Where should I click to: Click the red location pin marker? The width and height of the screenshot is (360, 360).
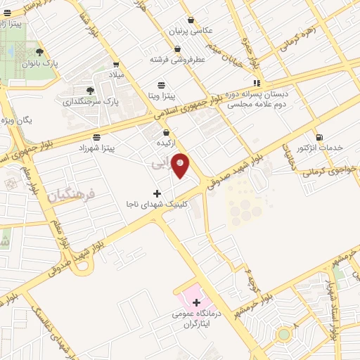pyautogui.click(x=181, y=165)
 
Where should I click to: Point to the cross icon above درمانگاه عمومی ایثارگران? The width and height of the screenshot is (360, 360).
pyautogui.click(x=196, y=302)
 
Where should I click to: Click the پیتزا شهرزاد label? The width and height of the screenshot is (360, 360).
pyautogui.click(x=106, y=148)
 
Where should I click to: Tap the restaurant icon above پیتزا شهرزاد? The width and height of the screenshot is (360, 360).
pyautogui.click(x=96, y=136)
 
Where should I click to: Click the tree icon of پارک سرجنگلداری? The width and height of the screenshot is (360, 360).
pyautogui.click(x=89, y=90)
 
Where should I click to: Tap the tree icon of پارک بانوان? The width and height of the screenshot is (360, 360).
pyautogui.click(x=39, y=51)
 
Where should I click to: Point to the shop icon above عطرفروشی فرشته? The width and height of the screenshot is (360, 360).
pyautogui.click(x=177, y=49)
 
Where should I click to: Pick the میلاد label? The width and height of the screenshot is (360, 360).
pyautogui.click(x=115, y=74)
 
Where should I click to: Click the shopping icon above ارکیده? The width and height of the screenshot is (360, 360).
pyautogui.click(x=167, y=131)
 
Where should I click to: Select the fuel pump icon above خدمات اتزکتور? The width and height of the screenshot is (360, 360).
pyautogui.click(x=320, y=136)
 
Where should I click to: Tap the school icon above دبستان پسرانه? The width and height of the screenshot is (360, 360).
pyautogui.click(x=257, y=82)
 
